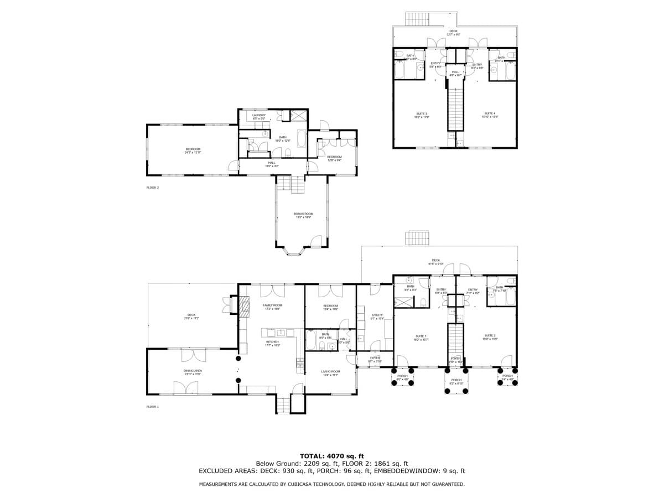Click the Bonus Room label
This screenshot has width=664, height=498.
(x=303, y=214)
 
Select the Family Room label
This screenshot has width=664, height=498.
(x=272, y=305)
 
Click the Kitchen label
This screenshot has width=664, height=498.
(x=272, y=343)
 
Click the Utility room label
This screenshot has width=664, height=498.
(x=377, y=315)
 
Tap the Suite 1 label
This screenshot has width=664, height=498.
(x=421, y=336)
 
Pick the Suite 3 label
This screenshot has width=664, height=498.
(x=422, y=113)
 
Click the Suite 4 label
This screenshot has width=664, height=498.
(x=490, y=113)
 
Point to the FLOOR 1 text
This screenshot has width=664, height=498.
(x=152, y=407)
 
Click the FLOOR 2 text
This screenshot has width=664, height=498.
(x=152, y=188)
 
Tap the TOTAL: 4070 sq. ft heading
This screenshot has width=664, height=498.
(x=332, y=456)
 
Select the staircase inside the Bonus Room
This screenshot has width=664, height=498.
(x=290, y=184)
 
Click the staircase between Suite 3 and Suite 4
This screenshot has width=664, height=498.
(x=455, y=108)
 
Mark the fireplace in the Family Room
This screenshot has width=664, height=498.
(x=243, y=305)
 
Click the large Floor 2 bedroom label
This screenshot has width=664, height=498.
(x=193, y=149)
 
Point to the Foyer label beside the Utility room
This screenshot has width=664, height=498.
(x=375, y=358)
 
